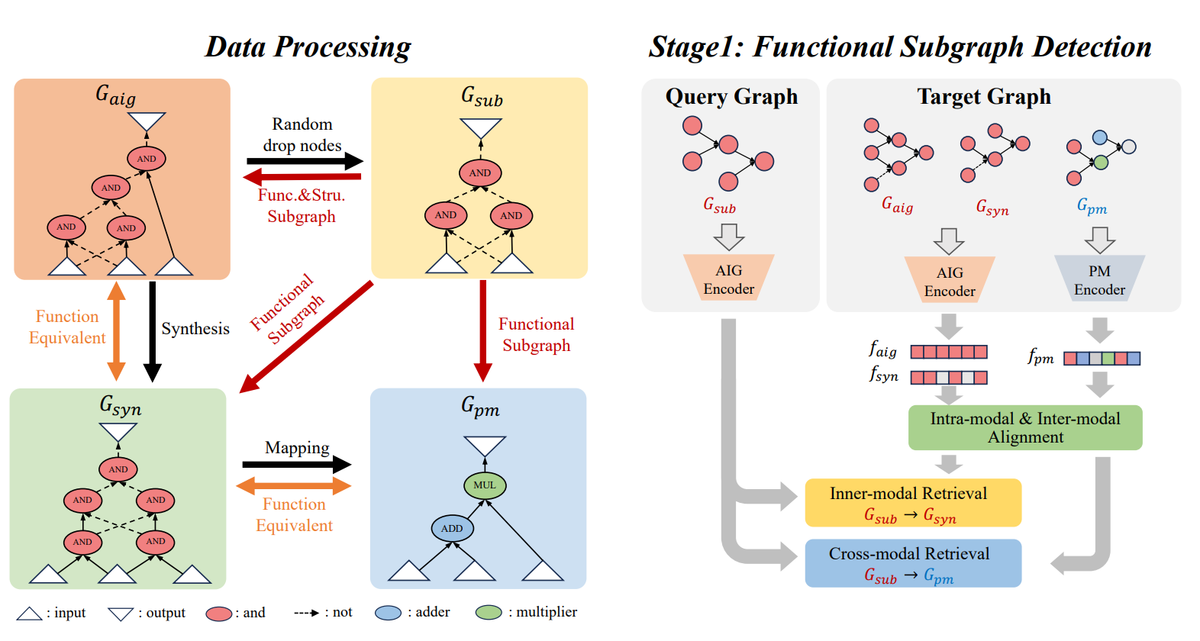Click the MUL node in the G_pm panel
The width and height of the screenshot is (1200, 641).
click(x=485, y=485)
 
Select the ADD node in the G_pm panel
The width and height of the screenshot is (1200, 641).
click(x=452, y=528)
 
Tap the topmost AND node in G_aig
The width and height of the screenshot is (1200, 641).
click(x=147, y=159)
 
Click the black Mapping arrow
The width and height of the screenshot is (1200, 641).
click(x=296, y=464)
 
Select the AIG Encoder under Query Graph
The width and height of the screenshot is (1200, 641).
click(x=729, y=279)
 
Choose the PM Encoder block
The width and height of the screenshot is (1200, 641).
click(x=1099, y=280)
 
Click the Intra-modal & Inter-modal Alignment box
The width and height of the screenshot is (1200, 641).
click(x=1025, y=427)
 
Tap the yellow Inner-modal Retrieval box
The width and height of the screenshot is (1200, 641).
click(x=913, y=503)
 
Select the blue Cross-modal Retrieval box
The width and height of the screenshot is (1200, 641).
click(x=913, y=563)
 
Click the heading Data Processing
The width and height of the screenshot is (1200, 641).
click(x=308, y=47)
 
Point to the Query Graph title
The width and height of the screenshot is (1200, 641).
click(x=731, y=97)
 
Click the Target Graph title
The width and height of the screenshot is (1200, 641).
click(x=984, y=97)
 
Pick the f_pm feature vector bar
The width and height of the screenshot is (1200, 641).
click(x=1102, y=358)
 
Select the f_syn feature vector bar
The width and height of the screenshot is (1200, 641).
click(x=949, y=377)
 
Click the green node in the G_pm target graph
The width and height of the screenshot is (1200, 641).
click(x=1100, y=163)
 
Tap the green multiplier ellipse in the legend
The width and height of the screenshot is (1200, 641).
click(x=489, y=613)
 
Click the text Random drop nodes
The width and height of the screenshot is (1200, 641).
click(x=302, y=134)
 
